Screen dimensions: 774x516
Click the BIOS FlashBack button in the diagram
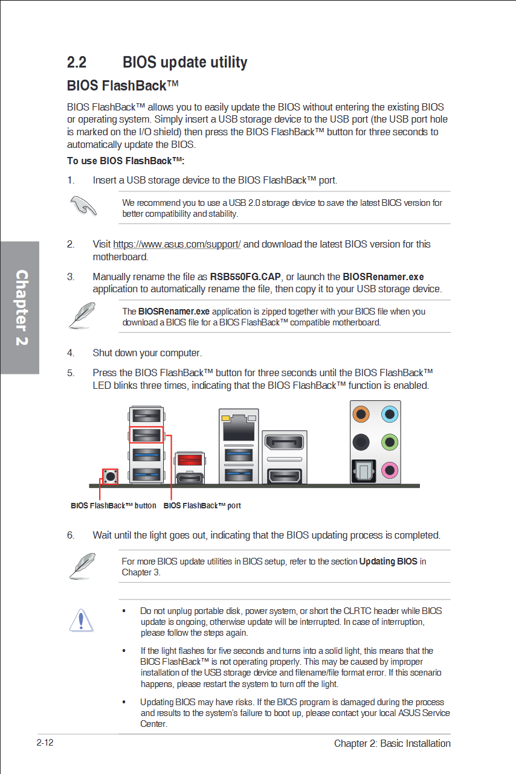(x=110, y=476)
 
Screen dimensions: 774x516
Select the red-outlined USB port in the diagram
(x=146, y=434)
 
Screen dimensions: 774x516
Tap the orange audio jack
(x=362, y=414)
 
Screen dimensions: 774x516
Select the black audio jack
(x=362, y=442)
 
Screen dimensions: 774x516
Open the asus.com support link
(x=177, y=245)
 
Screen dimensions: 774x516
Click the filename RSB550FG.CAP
(x=245, y=277)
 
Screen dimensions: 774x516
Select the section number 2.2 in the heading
(x=77, y=62)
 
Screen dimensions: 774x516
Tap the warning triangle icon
(x=81, y=620)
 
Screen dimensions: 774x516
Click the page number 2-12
(x=45, y=743)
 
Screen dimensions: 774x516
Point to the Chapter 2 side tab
(x=21, y=308)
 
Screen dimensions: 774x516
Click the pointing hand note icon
(x=83, y=206)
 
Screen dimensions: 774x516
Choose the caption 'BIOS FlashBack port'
(x=202, y=506)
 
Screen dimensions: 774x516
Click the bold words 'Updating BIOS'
(x=388, y=561)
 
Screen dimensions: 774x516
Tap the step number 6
(x=71, y=536)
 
